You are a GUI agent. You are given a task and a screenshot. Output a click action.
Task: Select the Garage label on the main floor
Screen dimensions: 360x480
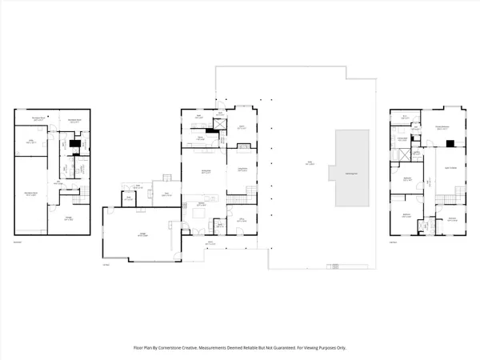click(x=142, y=235)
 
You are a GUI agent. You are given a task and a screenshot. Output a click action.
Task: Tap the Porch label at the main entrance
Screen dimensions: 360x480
click(x=210, y=242)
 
